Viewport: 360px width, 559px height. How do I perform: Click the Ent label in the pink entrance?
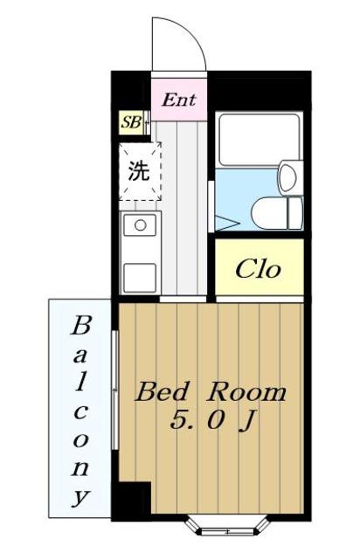(x=179, y=100)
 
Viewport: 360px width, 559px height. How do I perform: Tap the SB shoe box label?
(x=130, y=122)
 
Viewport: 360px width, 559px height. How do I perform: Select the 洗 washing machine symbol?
(x=140, y=171)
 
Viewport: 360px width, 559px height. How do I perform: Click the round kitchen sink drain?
(x=140, y=225)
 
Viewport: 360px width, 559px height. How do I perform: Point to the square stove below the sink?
(x=140, y=278)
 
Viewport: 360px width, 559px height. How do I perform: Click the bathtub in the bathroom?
(x=259, y=140)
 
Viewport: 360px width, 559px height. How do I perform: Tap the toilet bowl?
(x=270, y=214)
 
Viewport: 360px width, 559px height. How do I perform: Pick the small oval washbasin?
(x=288, y=177)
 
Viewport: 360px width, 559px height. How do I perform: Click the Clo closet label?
(x=258, y=269)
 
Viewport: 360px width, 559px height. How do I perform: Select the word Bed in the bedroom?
(x=161, y=392)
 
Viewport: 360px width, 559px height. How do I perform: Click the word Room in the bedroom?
(x=247, y=392)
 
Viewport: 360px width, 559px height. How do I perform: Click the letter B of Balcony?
(x=80, y=325)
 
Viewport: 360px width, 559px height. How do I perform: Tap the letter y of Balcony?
(x=80, y=497)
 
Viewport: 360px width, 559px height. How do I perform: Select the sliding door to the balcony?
(x=114, y=390)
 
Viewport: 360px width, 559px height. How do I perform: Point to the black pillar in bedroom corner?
(x=131, y=499)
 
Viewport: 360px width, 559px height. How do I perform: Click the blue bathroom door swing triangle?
(x=227, y=223)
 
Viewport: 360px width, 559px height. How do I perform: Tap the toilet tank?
(x=296, y=213)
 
